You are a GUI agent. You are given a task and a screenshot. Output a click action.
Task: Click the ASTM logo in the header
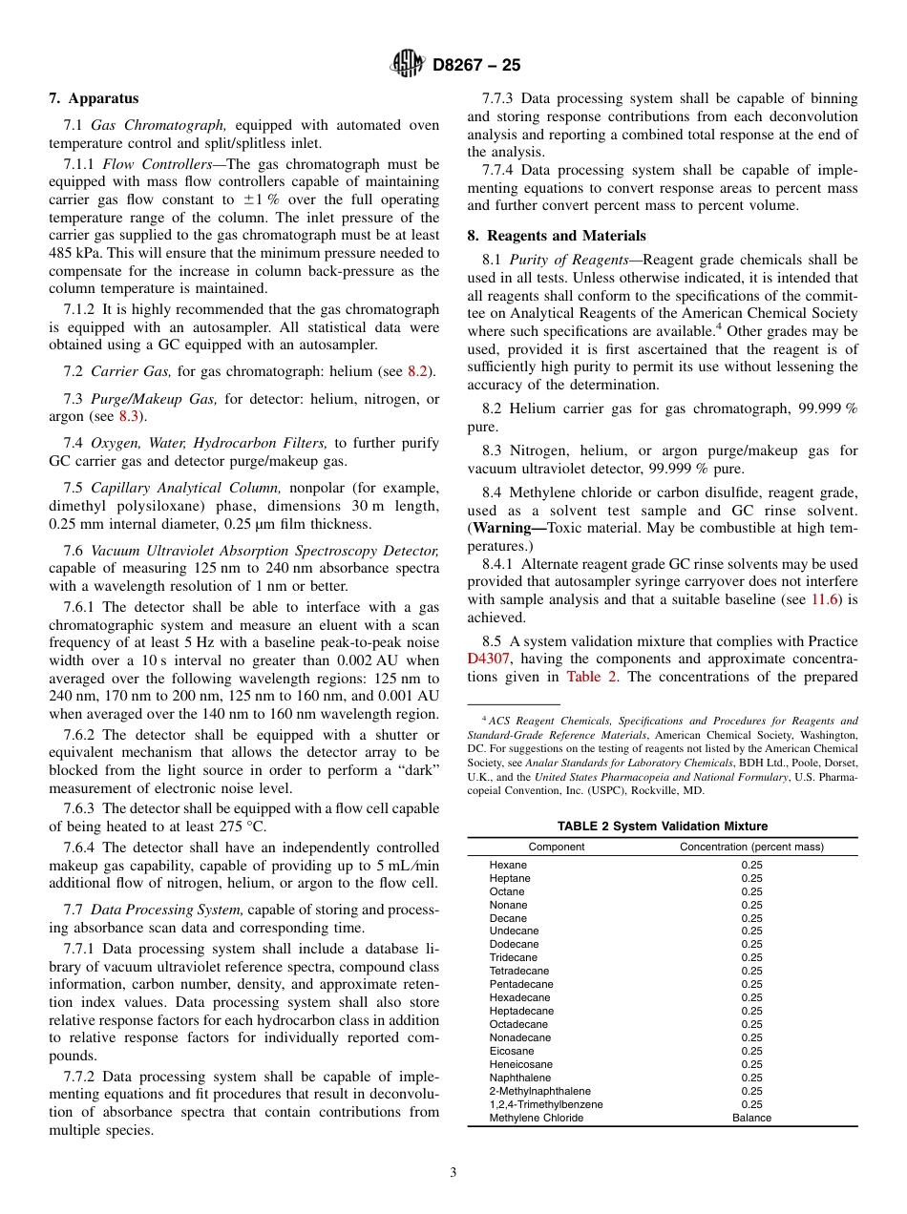tap(408, 65)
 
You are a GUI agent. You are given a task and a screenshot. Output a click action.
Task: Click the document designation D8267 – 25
tap(476, 66)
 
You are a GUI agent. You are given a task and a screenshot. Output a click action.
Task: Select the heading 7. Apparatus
tap(94, 98)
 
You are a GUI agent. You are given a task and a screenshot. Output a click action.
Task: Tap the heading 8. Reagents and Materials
tap(556, 236)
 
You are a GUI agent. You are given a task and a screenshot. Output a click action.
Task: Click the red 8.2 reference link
tap(417, 371)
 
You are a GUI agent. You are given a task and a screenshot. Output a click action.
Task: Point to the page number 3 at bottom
tap(453, 1173)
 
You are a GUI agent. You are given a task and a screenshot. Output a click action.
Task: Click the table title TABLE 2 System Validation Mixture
tap(663, 827)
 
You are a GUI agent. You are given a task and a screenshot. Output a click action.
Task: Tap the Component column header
tap(557, 847)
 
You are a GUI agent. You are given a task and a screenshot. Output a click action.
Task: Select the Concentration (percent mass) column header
tap(751, 847)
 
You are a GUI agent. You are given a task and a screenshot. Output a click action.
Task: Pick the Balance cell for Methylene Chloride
tap(751, 1118)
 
